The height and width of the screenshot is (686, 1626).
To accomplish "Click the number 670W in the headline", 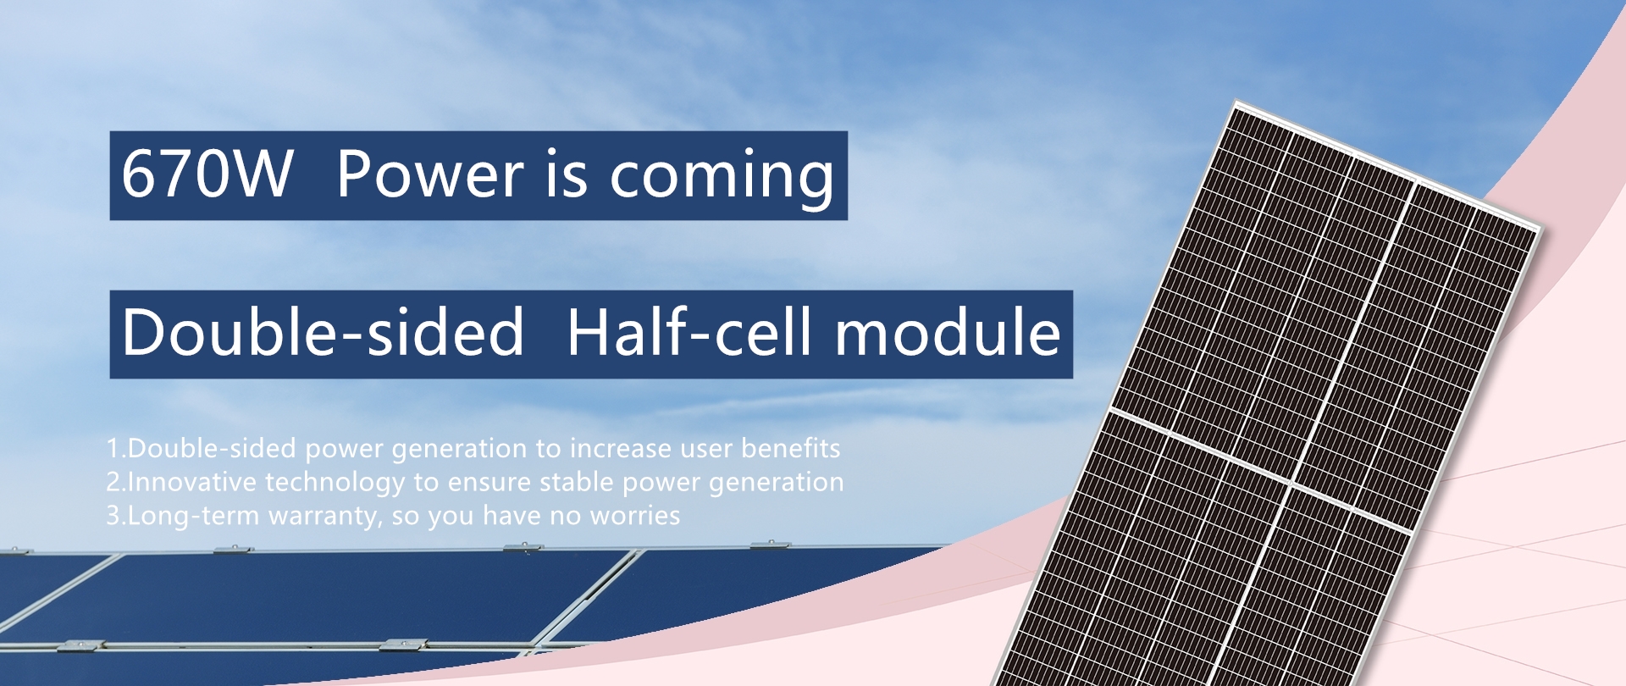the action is click(x=207, y=174).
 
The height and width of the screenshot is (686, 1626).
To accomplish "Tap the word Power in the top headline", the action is click(x=430, y=174).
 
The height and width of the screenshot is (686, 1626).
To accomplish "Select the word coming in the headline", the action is click(x=722, y=179).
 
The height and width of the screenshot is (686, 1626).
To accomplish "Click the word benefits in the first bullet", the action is click(x=791, y=448).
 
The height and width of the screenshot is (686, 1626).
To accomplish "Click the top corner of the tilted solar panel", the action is click(x=1236, y=101).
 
